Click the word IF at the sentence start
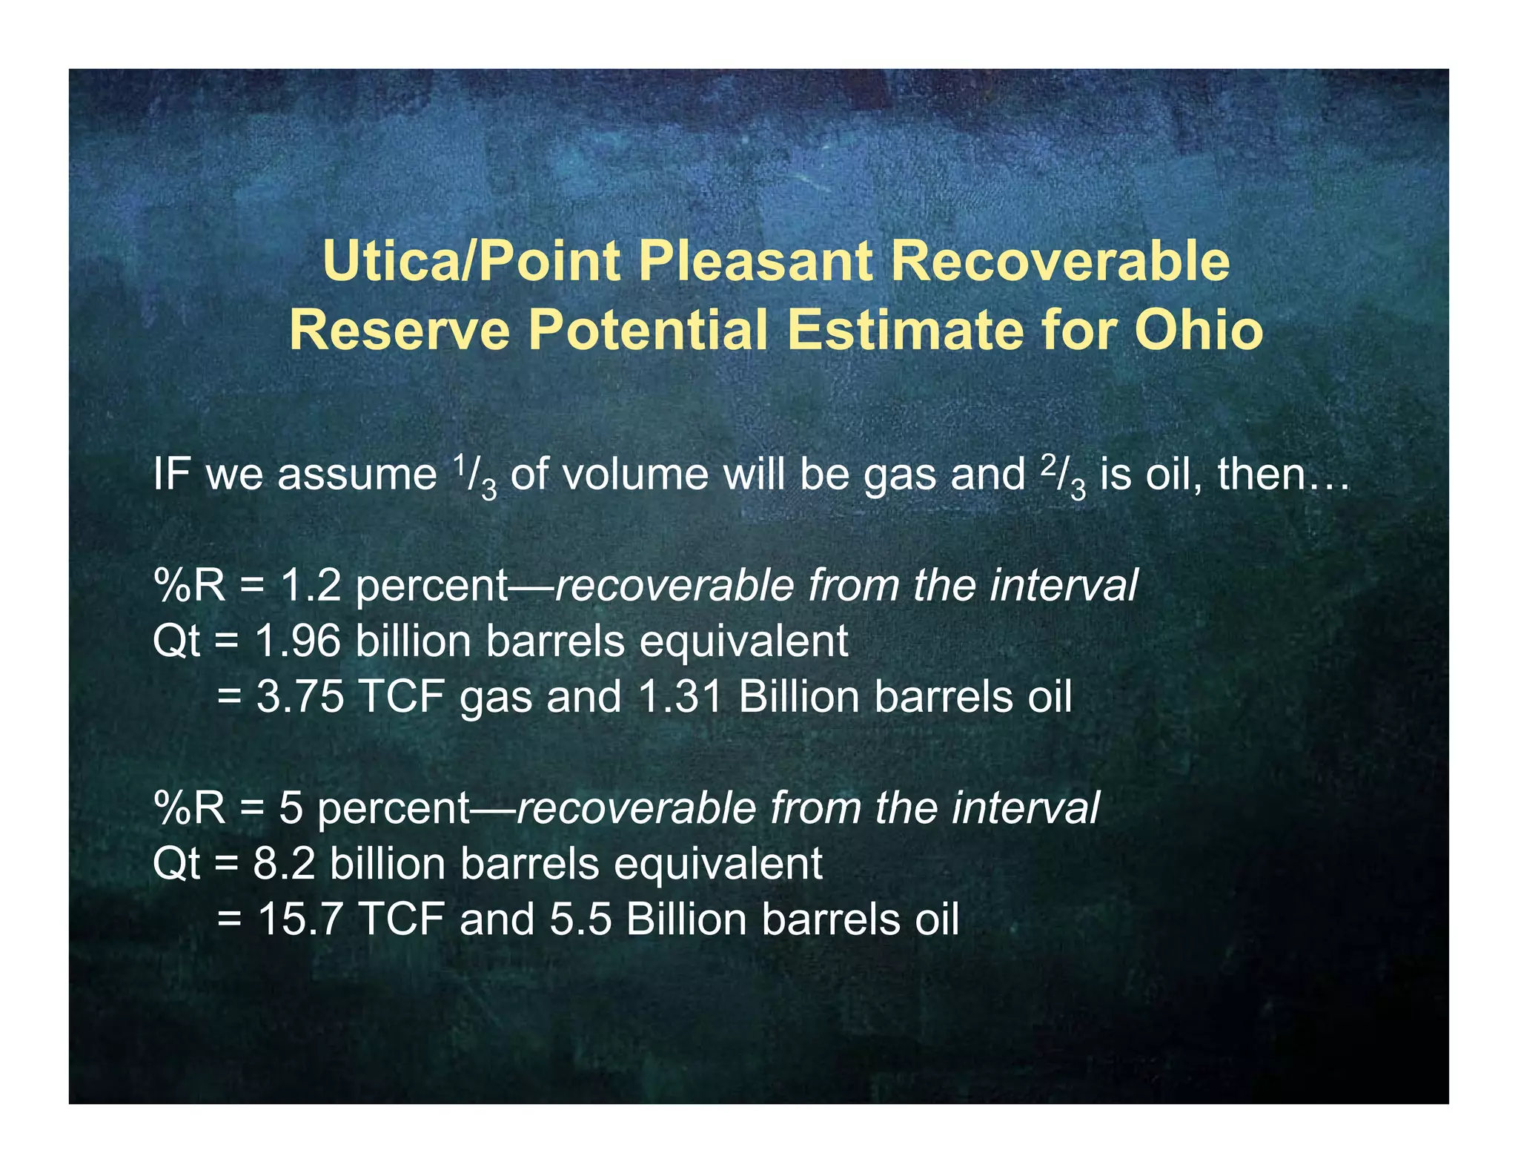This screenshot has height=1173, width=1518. point(171,475)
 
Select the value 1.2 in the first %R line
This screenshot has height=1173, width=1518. point(311,586)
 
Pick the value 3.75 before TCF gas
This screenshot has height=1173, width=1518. point(300,698)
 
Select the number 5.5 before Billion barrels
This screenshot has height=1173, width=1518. point(580,920)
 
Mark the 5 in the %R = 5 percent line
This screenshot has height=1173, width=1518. point(291,808)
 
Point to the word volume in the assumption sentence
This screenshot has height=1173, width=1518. point(634,475)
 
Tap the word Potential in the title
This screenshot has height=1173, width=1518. point(648,330)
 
